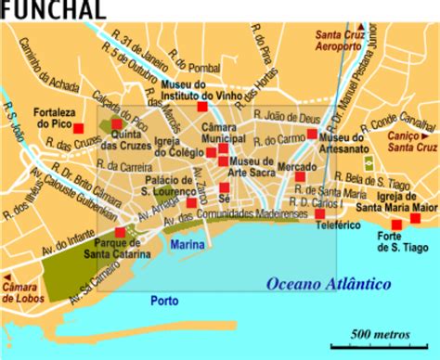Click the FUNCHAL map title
click(x=39, y=9)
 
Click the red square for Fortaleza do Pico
click(x=79, y=128)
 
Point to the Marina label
click(x=188, y=244)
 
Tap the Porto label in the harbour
click(x=165, y=301)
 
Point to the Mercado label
click(x=297, y=167)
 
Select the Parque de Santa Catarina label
click(x=123, y=251)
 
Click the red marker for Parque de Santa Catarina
click(x=119, y=232)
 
